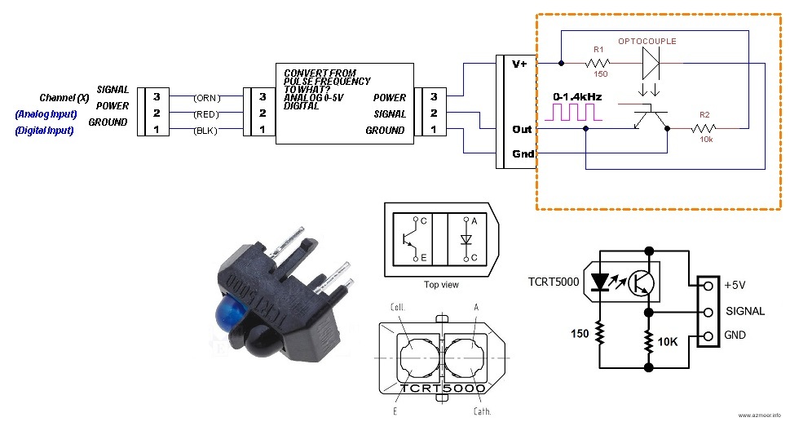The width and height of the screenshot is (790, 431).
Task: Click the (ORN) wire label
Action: [205, 97]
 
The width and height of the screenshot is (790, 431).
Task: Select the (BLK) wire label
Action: [204, 131]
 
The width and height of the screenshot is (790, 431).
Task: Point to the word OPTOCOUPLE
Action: [647, 41]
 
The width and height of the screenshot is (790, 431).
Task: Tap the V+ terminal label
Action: [519, 64]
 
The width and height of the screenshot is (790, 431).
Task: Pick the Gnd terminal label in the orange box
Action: [521, 154]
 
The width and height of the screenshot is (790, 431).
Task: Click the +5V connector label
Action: [735, 286]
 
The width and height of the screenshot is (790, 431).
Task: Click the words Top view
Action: [441, 285]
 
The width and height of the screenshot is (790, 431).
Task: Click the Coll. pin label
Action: [400, 308]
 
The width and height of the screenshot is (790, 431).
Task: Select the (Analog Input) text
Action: [46, 114]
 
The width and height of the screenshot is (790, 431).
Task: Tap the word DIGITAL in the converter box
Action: [300, 105]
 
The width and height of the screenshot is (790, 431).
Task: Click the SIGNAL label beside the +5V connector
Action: [744, 311]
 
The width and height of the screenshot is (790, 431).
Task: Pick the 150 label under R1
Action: [601, 73]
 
